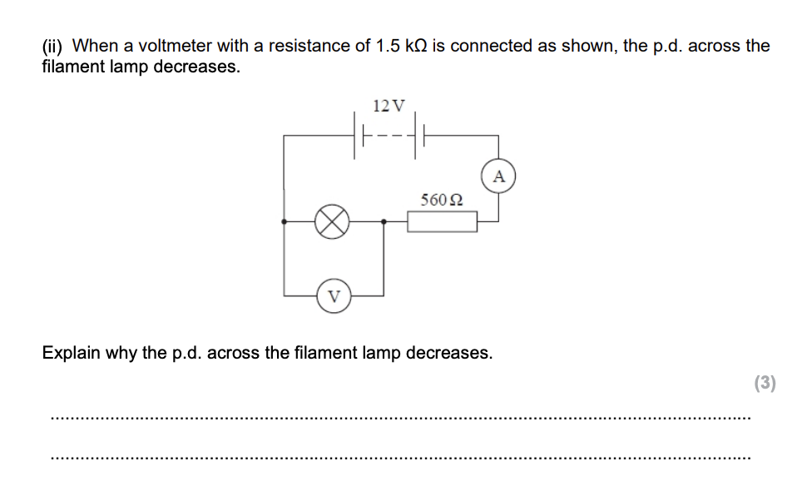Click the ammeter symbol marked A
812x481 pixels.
pyautogui.click(x=498, y=176)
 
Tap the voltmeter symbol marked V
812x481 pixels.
pyautogui.click(x=334, y=296)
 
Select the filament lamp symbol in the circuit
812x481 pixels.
pyautogui.click(x=331, y=222)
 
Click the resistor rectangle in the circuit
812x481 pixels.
pyautogui.click(x=442, y=222)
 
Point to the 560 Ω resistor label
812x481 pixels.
pyautogui.click(x=442, y=200)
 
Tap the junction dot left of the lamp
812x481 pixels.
pyautogui.click(x=285, y=222)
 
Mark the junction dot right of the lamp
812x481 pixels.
pyautogui.click(x=383, y=222)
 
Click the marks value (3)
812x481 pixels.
pyautogui.click(x=765, y=383)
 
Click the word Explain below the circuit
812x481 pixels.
pyautogui.click(x=71, y=353)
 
